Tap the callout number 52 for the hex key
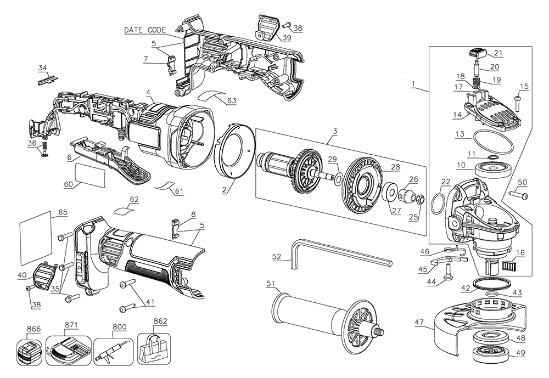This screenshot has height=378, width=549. click(277, 257)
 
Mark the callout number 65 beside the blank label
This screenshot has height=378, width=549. click(63, 211)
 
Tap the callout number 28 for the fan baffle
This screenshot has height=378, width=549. click(394, 166)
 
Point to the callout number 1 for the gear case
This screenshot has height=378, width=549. click(413, 83)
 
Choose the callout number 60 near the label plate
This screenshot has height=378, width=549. click(68, 184)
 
